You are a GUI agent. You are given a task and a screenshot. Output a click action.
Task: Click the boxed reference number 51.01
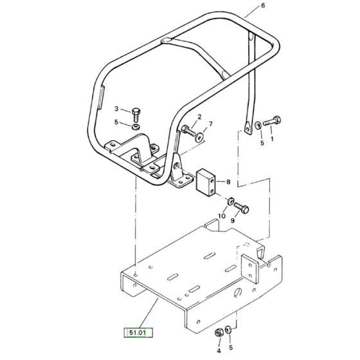pos(138,332)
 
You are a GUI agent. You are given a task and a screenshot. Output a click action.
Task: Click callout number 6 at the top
pos(263,5)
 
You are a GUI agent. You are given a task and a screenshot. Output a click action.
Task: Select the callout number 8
pos(228,182)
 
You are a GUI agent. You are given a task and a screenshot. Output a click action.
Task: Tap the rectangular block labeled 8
pos(206,182)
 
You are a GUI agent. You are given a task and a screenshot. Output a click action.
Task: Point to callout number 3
pos(116,109)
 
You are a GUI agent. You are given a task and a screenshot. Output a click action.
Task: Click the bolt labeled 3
pos(136,115)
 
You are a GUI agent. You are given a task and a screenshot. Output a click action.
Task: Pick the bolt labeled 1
pos(272,121)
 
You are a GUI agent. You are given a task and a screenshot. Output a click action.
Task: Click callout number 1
pos(273,139)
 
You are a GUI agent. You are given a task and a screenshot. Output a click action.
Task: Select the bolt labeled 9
pos(242,208)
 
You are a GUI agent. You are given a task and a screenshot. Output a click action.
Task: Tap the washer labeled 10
pos(231,201)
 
